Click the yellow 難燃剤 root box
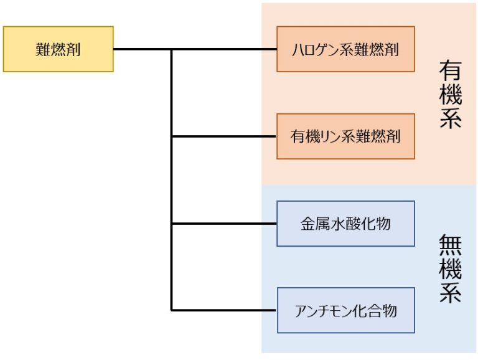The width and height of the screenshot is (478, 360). (59, 49)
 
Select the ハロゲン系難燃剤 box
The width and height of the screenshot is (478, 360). (345, 49)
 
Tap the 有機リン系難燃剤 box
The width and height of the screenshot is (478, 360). (345, 136)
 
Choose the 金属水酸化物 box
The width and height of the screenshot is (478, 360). (345, 224)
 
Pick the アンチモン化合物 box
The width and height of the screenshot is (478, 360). (345, 310)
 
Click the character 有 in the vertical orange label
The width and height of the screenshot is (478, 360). (450, 70)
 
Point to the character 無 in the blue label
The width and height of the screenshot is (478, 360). (450, 244)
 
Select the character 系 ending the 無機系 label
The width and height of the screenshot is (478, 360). (450, 291)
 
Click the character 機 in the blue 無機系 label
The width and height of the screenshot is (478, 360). (450, 268)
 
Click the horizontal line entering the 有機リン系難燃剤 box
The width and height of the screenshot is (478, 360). (224, 136)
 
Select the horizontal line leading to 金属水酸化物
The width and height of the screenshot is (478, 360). (224, 224)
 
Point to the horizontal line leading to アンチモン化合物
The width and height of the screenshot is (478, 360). (224, 310)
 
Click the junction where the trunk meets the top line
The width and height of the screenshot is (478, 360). (172, 49)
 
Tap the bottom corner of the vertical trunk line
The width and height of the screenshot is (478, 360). (172, 310)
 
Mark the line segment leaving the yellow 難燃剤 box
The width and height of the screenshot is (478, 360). (142, 49)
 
